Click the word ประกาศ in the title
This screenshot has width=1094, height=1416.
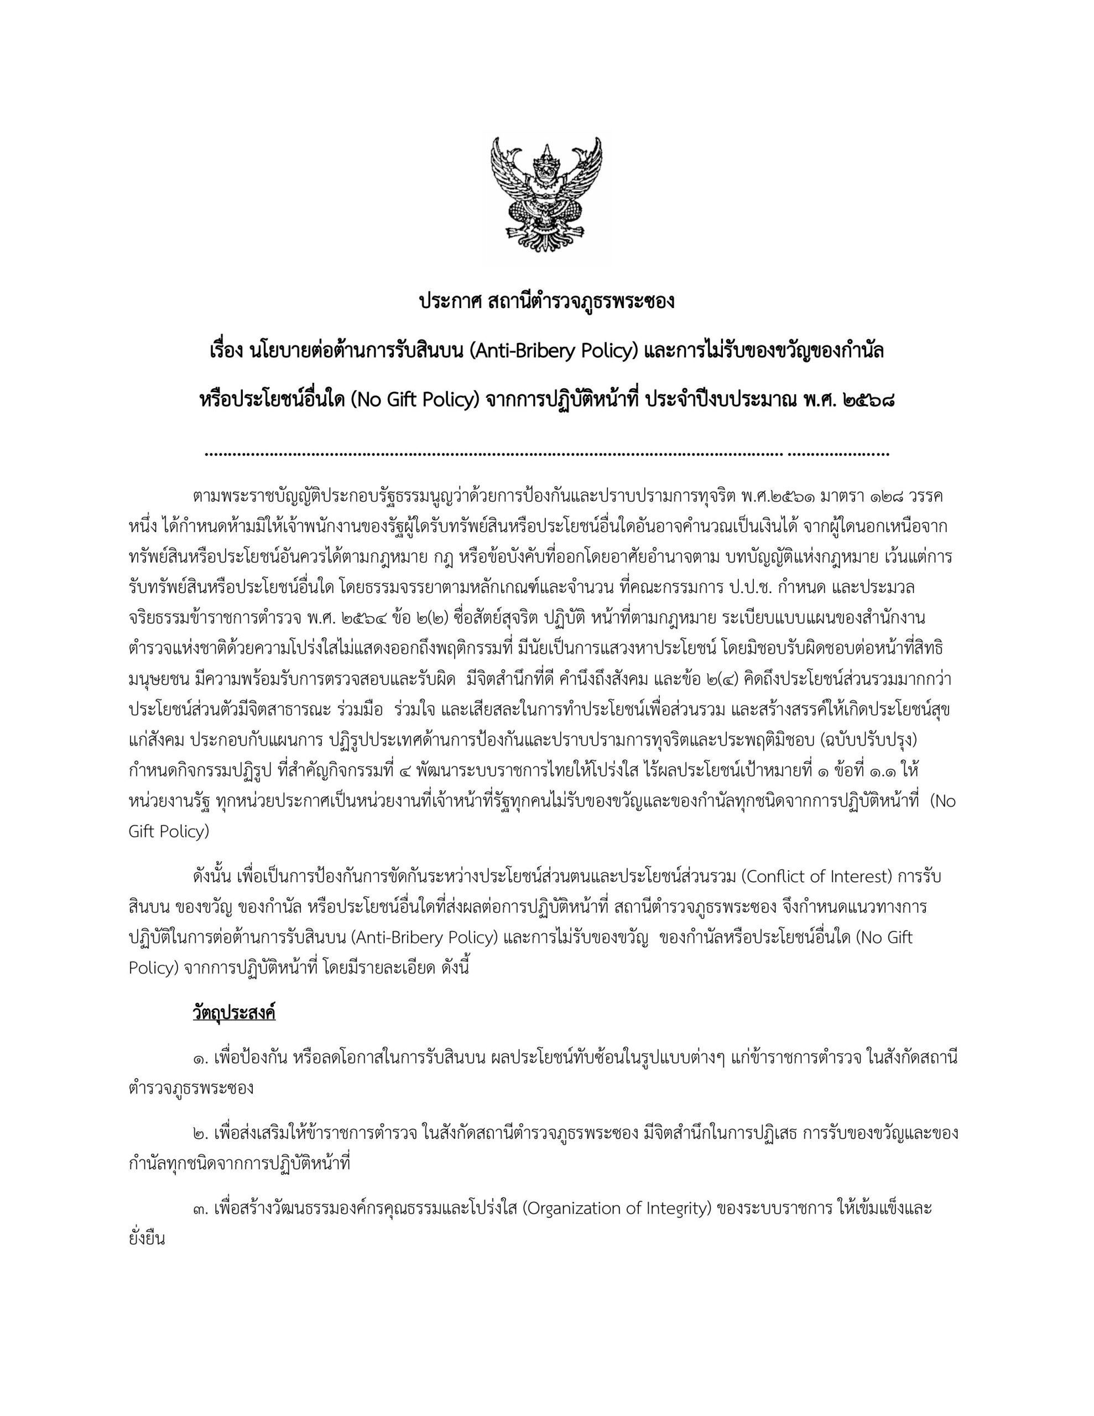[449, 302]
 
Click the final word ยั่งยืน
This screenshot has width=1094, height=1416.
[148, 1239]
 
